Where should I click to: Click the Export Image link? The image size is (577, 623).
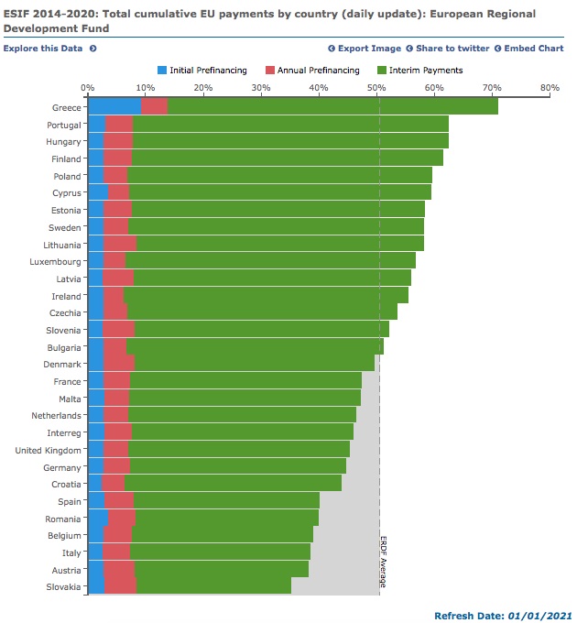[x=368, y=48]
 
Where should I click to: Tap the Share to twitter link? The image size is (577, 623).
[x=451, y=48]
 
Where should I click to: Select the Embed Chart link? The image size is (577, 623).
[x=531, y=48]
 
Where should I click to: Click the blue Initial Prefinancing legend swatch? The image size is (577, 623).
[x=163, y=70]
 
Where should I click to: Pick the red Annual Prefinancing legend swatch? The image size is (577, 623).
[x=270, y=70]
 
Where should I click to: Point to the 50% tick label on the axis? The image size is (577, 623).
[x=376, y=88]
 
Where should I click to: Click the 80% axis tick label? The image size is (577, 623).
[x=550, y=88]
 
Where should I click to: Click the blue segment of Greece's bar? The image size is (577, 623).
[x=114, y=107]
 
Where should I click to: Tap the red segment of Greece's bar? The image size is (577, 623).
[x=154, y=107]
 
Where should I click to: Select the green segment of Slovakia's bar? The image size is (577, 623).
[x=213, y=586]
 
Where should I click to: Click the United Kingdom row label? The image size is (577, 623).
[x=49, y=450]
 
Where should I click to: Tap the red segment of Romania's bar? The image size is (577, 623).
[x=122, y=519]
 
